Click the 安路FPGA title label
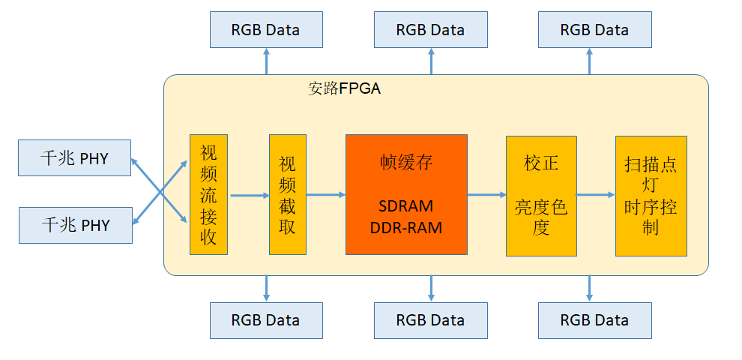tap(345, 88)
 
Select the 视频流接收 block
tap(208, 195)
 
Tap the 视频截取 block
tap(288, 195)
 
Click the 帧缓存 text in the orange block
tap(406, 162)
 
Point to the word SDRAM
tap(406, 205)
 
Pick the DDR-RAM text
tap(406, 227)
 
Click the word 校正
tap(541, 163)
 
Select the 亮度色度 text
tap(541, 217)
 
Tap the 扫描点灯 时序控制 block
tap(651, 195)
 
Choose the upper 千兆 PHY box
tap(75, 158)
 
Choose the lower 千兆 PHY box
tap(75, 224)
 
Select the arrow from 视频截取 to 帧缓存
tap(325, 195)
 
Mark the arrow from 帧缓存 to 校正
tap(486, 195)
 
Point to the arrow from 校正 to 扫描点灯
tap(596, 195)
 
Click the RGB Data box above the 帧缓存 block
tap(431, 30)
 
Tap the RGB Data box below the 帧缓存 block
tap(431, 320)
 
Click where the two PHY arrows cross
tap(160, 191)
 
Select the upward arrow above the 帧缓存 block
tap(431, 61)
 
